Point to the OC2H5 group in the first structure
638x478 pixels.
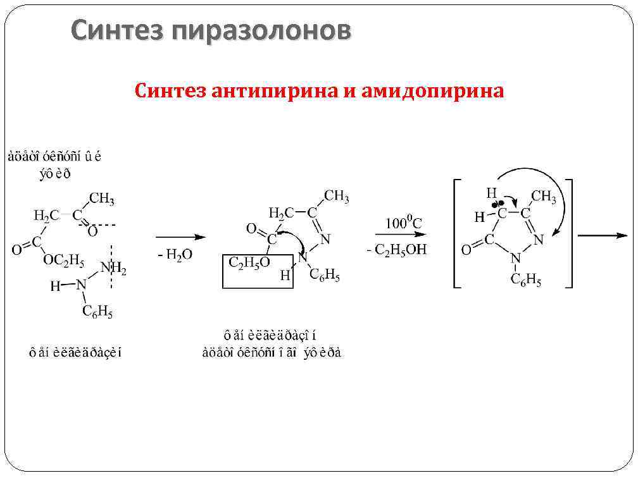click(63, 259)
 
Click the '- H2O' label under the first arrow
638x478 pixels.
click(175, 254)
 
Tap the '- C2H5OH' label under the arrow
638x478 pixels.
click(397, 250)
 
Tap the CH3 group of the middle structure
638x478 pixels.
click(336, 196)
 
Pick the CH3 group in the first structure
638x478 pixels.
click(101, 199)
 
